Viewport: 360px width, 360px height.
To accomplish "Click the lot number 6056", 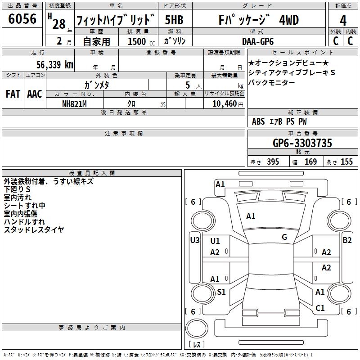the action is (x=22, y=19).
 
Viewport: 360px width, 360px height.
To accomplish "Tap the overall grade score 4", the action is (x=343, y=21).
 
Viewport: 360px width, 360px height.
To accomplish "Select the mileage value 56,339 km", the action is (x=54, y=64).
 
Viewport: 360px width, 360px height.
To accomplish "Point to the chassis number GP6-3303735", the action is (x=302, y=144).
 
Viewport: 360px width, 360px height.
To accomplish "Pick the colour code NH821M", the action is (x=74, y=103).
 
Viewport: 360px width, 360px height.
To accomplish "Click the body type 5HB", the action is (x=174, y=20).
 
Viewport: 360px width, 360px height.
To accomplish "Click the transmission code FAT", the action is (x=13, y=94).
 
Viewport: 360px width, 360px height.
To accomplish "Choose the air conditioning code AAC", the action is (x=35, y=94).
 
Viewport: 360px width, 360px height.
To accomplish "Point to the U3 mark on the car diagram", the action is (x=194, y=240).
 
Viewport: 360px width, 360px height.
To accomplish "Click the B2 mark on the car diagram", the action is (x=347, y=240).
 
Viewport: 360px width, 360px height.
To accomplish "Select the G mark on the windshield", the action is (x=284, y=237).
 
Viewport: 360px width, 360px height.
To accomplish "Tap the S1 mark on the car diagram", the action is (x=221, y=292).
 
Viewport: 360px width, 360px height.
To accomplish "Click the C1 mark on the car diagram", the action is (x=320, y=308).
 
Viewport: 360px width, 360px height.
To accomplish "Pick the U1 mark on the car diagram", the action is (x=215, y=241).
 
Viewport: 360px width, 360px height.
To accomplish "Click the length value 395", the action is (x=272, y=162).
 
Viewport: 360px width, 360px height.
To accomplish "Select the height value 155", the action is (x=346, y=162).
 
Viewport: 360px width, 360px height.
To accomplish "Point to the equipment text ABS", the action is (x=258, y=121).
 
